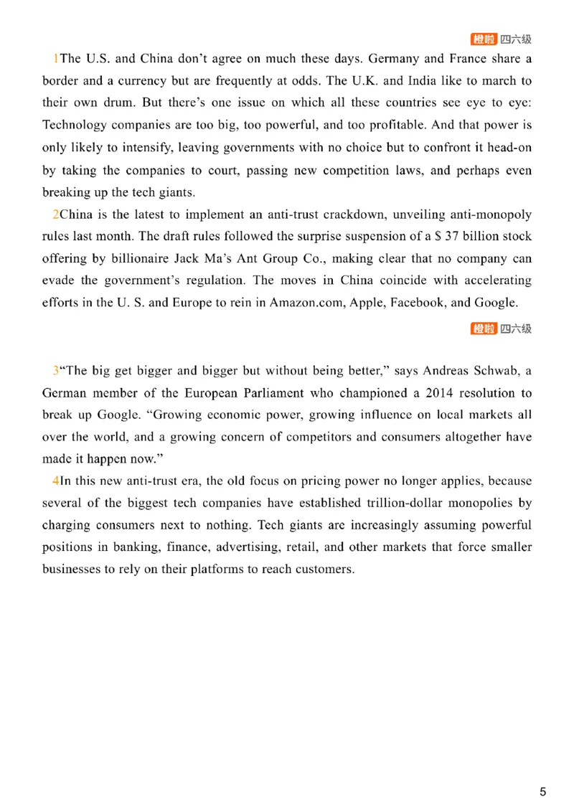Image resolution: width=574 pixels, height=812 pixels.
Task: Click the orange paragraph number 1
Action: click(x=56, y=59)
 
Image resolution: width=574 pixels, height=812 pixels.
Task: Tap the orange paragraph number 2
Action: click(x=56, y=214)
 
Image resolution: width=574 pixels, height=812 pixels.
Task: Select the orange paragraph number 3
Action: click(x=56, y=371)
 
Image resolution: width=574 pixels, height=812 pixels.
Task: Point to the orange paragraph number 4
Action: click(x=56, y=481)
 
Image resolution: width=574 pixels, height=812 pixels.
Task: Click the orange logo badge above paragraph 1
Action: click(x=484, y=39)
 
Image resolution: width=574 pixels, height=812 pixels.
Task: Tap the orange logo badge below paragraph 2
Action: click(x=484, y=329)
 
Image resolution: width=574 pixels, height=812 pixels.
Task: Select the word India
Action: click(x=422, y=80)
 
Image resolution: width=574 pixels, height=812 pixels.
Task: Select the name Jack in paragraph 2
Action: click(x=187, y=259)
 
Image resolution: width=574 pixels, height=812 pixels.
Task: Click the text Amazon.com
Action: click(x=307, y=303)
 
